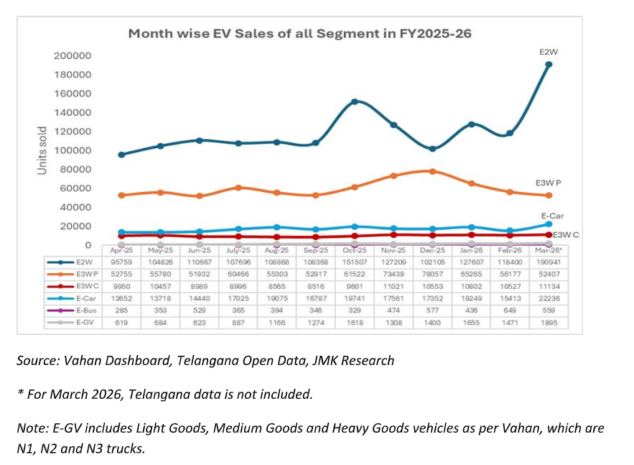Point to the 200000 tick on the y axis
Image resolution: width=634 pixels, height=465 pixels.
73,55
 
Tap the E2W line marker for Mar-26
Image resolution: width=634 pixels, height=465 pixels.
549,65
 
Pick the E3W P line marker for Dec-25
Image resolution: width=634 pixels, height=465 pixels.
432,171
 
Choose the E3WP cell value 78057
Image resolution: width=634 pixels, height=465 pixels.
432,275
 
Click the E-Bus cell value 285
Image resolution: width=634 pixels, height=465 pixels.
121,310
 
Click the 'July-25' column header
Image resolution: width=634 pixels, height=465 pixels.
238,251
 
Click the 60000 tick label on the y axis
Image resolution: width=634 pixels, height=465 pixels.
75,188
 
